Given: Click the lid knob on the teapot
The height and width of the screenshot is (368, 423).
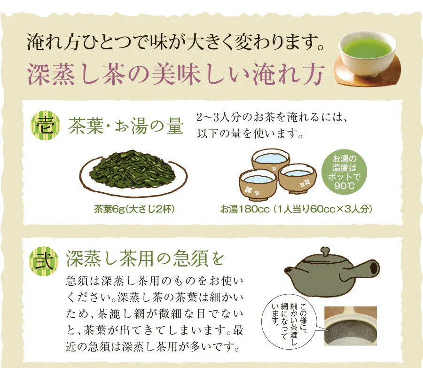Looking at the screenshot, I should point(325,251).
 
